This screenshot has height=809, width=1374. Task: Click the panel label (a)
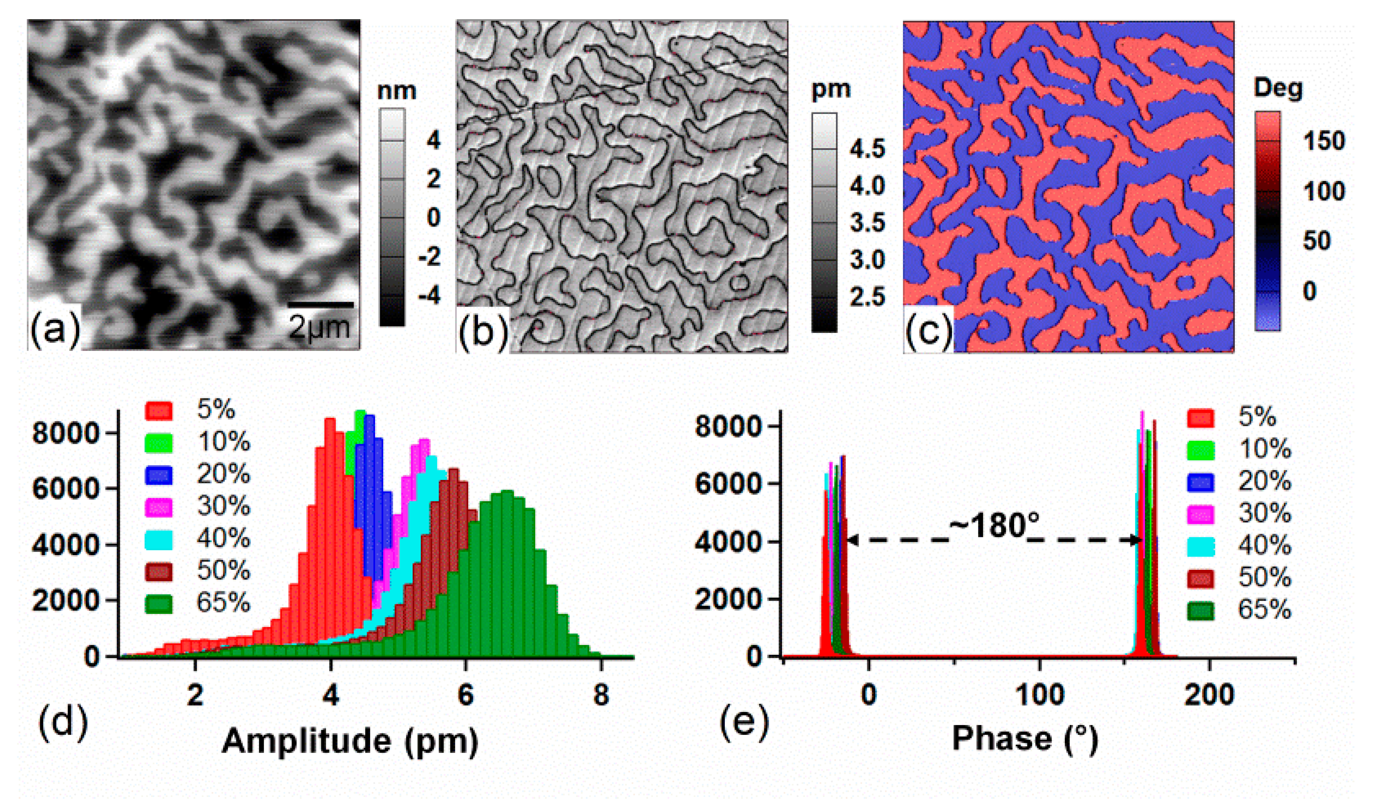(x=55, y=329)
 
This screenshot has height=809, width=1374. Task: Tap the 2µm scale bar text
(x=319, y=327)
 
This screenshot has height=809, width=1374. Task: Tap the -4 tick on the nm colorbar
(x=429, y=296)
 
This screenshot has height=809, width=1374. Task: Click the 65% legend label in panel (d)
(x=223, y=603)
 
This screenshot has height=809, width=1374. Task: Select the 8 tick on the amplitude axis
(x=601, y=696)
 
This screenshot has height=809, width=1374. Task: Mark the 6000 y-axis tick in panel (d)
(x=66, y=489)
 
